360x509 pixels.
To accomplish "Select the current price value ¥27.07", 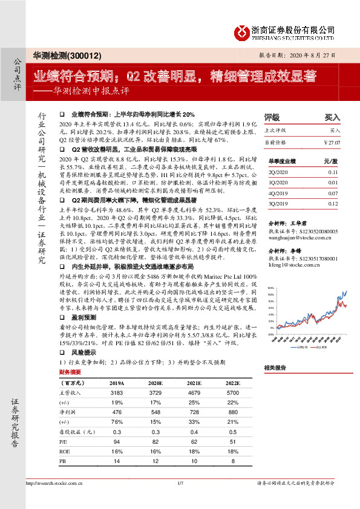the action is point(332,142).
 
